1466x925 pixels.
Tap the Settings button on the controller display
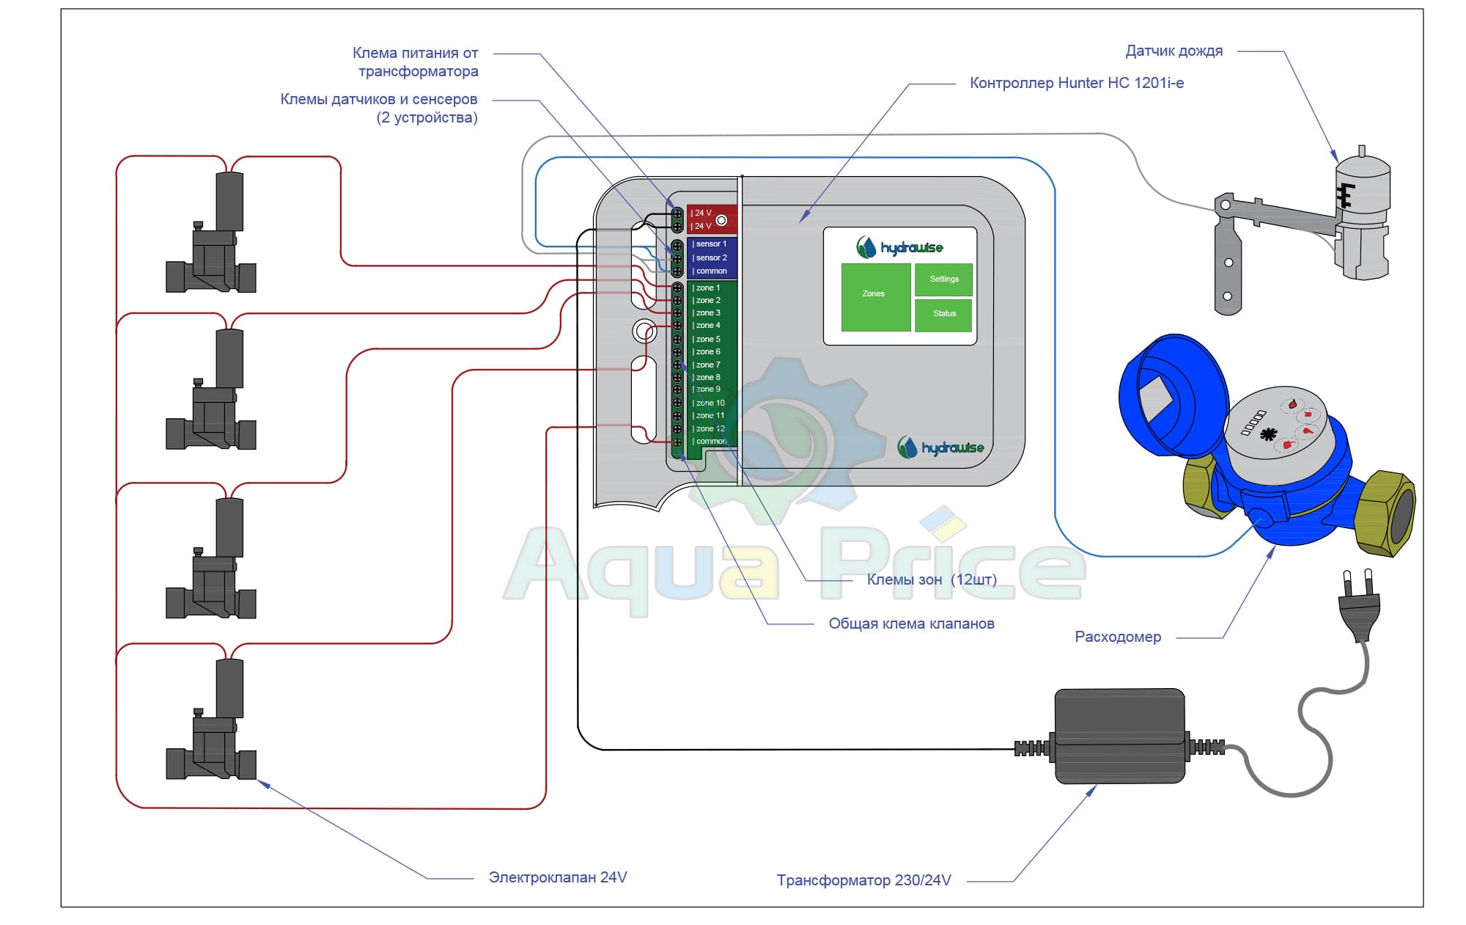[943, 279]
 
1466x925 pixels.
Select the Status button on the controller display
[943, 314]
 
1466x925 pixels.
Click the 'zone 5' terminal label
[707, 339]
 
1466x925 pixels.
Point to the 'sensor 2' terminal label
[710, 257]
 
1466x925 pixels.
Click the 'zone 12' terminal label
[710, 428]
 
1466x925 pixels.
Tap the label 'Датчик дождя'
[1174, 51]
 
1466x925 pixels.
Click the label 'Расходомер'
[1117, 637]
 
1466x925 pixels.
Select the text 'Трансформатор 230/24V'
[863, 880]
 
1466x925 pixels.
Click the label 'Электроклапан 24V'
[557, 877]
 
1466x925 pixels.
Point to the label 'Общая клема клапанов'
[911, 624]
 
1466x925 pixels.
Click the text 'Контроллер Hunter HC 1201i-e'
[1076, 83]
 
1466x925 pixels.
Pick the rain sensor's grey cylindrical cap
[1362, 183]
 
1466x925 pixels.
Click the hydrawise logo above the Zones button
[899, 247]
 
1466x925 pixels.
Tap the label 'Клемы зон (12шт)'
[931, 580]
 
